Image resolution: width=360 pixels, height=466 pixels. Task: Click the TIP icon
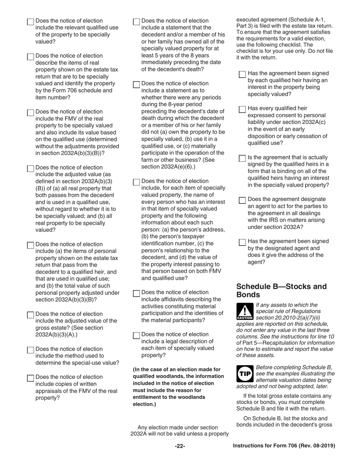click(245, 374)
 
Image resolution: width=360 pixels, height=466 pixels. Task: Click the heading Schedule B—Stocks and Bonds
click(281, 290)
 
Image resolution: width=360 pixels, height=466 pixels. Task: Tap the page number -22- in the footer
click(180, 446)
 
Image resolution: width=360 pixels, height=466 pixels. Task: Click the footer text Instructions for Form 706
click(284, 446)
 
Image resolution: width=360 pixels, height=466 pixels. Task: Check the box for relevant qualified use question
click(31, 22)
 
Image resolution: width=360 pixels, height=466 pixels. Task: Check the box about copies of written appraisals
click(31, 378)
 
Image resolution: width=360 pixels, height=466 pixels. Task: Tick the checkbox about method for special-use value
click(31, 350)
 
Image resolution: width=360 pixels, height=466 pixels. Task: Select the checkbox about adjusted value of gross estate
click(31, 315)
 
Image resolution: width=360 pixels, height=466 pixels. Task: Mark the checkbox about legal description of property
click(136, 335)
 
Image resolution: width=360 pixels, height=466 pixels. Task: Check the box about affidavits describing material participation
click(136, 293)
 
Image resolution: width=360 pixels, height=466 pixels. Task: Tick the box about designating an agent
click(243, 200)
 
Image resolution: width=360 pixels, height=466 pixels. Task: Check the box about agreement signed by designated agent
click(243, 242)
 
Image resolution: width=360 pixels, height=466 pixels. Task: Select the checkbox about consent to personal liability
click(243, 109)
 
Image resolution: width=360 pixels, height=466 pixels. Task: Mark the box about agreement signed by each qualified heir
click(243, 74)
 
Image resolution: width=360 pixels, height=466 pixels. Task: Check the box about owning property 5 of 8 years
click(136, 22)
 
